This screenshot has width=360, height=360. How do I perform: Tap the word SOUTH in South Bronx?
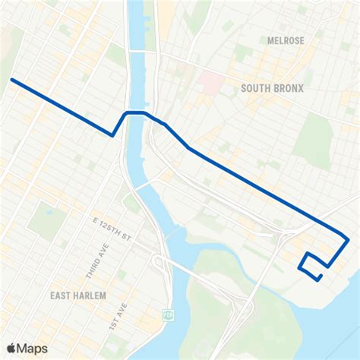(x=256, y=88)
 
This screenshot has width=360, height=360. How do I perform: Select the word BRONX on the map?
(x=289, y=88)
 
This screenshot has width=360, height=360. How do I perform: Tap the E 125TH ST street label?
(x=113, y=230)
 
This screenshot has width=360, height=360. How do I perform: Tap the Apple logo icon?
(x=11, y=348)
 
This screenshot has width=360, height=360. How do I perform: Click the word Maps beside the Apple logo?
(x=33, y=348)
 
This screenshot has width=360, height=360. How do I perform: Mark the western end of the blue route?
(x=11, y=79)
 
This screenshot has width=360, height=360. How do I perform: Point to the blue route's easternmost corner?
(x=348, y=240)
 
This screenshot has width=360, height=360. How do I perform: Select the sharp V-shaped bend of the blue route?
(x=113, y=135)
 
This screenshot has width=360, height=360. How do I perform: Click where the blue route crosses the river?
(x=137, y=112)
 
